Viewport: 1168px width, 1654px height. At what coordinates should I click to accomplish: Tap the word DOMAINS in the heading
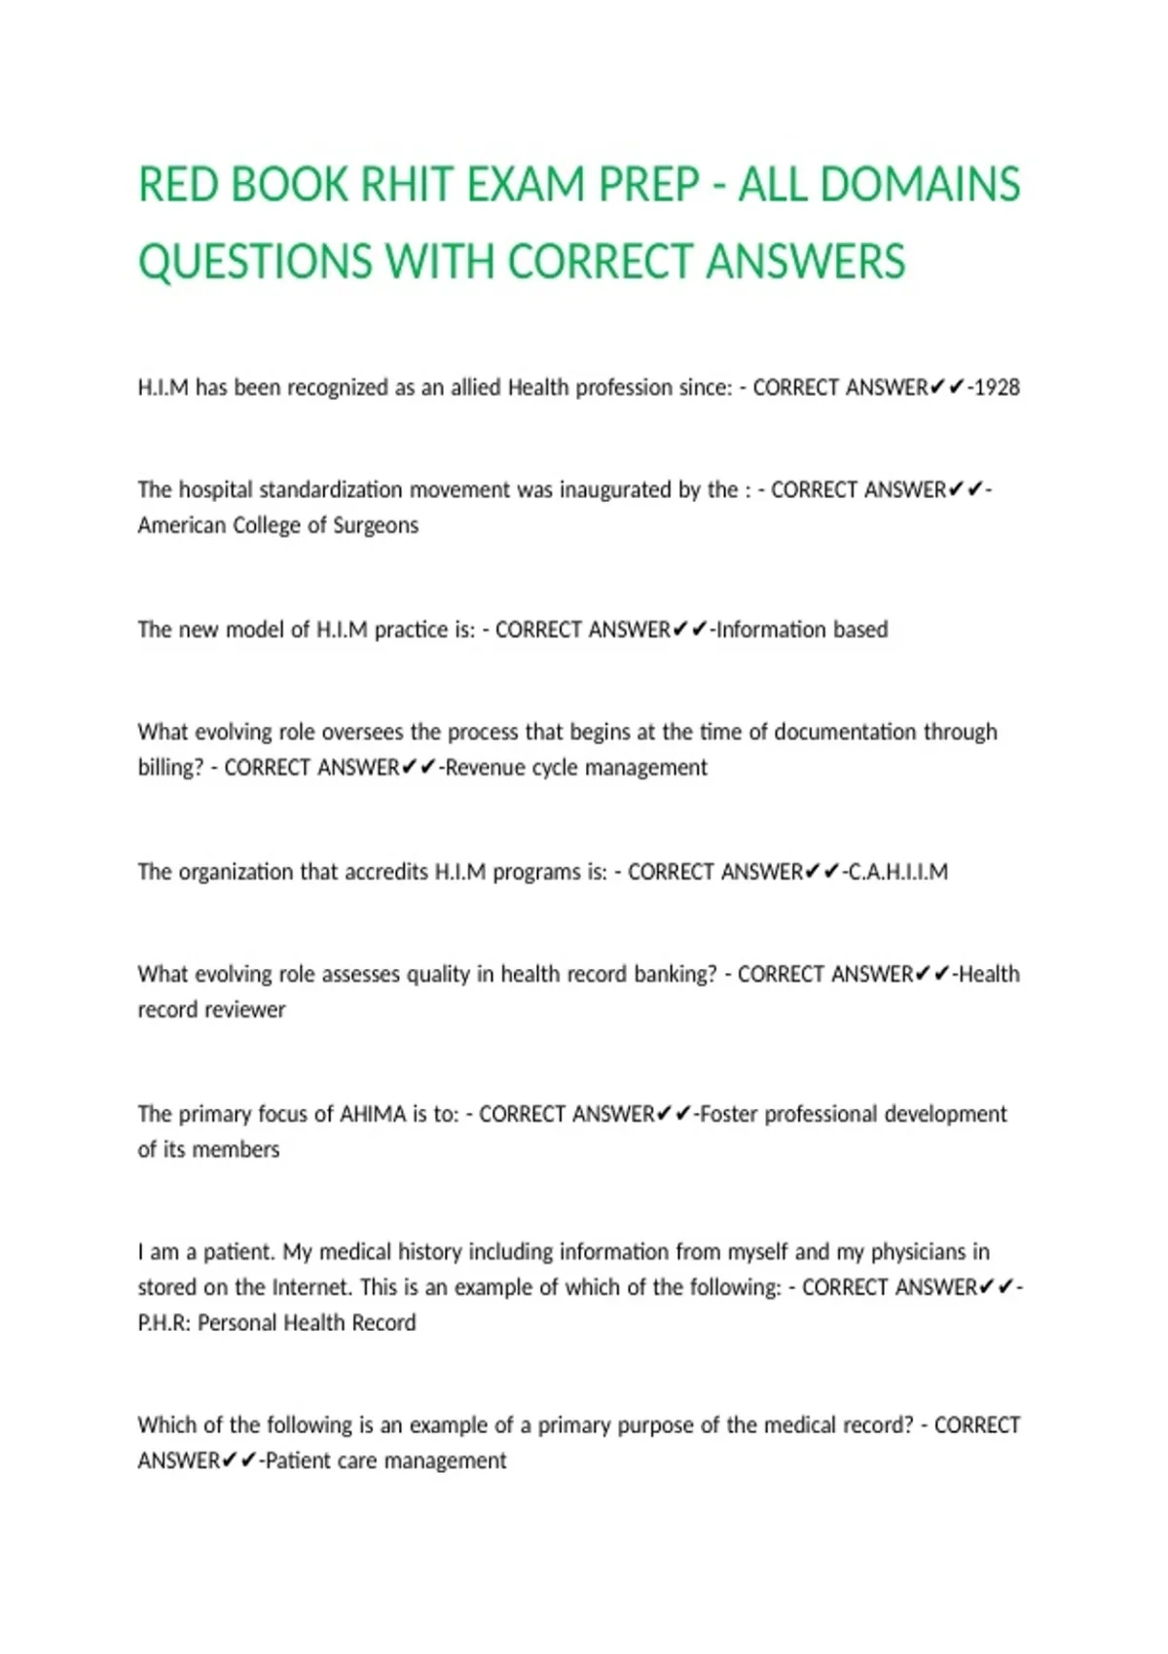click(921, 185)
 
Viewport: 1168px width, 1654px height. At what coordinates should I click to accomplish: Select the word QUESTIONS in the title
click(255, 262)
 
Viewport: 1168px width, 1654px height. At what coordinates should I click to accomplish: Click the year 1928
click(997, 387)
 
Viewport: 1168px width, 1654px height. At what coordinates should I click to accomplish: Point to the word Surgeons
click(376, 525)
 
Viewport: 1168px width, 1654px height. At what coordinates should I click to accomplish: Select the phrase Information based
click(802, 629)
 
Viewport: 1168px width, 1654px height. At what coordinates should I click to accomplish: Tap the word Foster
click(728, 1114)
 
